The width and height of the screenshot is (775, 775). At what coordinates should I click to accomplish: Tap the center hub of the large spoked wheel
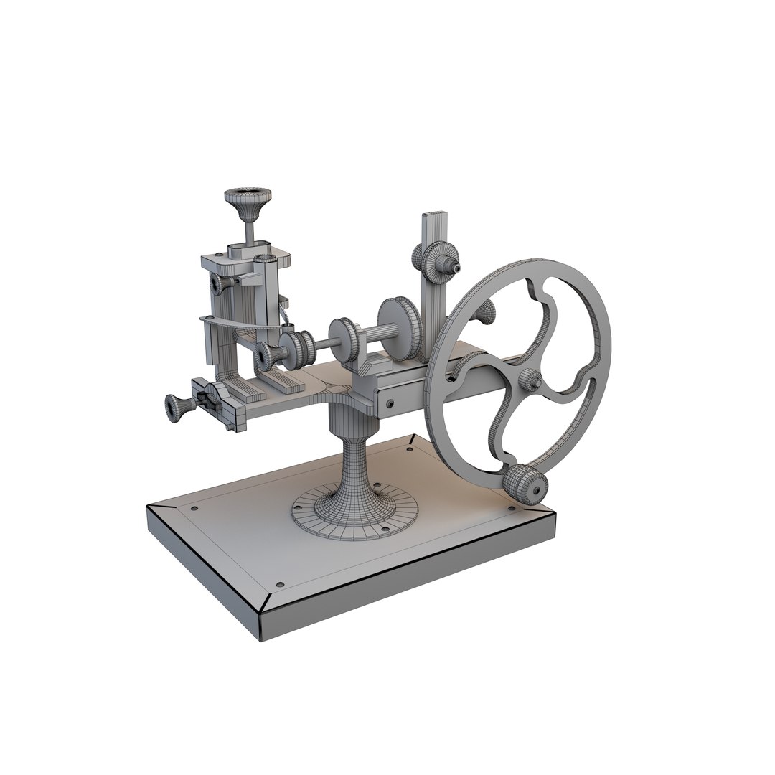pos(530,380)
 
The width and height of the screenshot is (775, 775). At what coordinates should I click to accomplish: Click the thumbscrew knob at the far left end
pos(175,407)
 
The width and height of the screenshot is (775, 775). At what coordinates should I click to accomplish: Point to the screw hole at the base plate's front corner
pos(279,583)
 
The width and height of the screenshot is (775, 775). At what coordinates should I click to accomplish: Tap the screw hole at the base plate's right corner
pos(512,510)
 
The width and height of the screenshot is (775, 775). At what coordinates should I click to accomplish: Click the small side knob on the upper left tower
pos(220,285)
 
